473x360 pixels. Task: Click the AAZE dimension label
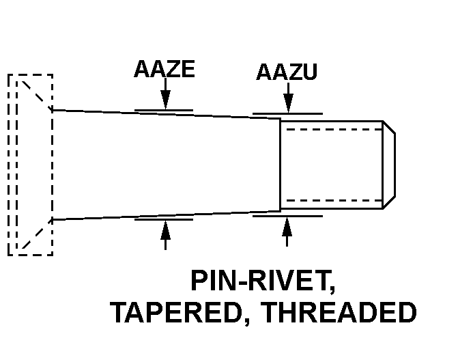click(x=164, y=70)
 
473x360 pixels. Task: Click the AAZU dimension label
click(x=287, y=72)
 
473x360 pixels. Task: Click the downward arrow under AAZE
click(x=164, y=97)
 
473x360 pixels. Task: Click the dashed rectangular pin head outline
click(x=30, y=164)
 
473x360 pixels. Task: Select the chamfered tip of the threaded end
click(x=389, y=165)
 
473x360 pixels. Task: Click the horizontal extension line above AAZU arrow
click(x=287, y=113)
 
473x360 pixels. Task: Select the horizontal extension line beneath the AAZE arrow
click(x=164, y=220)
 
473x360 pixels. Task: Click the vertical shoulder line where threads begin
click(x=281, y=164)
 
